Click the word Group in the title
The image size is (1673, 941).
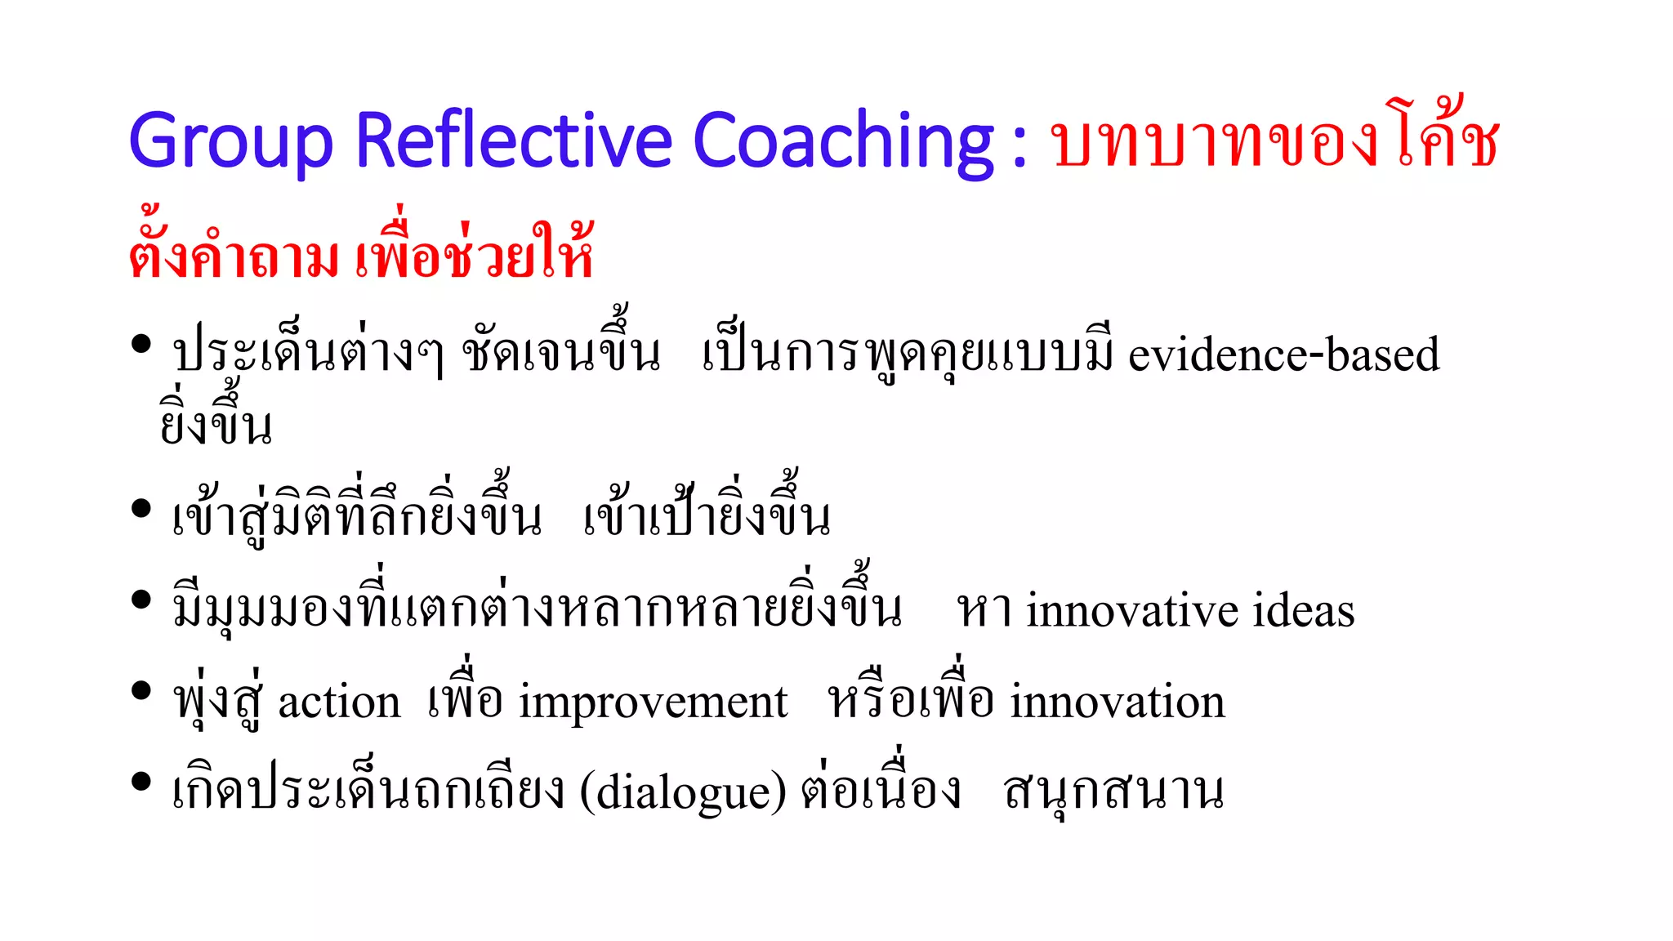click(x=231, y=141)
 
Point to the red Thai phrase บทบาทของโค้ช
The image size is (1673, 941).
click(x=1275, y=140)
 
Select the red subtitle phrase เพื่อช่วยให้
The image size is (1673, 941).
click(x=474, y=254)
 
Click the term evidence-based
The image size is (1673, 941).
click(x=1283, y=355)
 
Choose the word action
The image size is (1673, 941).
click(x=339, y=702)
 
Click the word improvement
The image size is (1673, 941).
click(x=654, y=702)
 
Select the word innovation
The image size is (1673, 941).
click(x=1118, y=702)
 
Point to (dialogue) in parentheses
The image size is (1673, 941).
click(x=683, y=792)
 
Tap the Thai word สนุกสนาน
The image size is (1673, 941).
click(x=1113, y=792)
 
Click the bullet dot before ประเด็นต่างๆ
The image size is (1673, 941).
click(x=141, y=344)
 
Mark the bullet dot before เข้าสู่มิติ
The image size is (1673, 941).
click(x=141, y=509)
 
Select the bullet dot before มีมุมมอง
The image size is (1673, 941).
click(x=141, y=600)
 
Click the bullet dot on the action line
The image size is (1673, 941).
click(x=141, y=692)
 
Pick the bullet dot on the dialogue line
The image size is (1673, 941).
click(x=141, y=782)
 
